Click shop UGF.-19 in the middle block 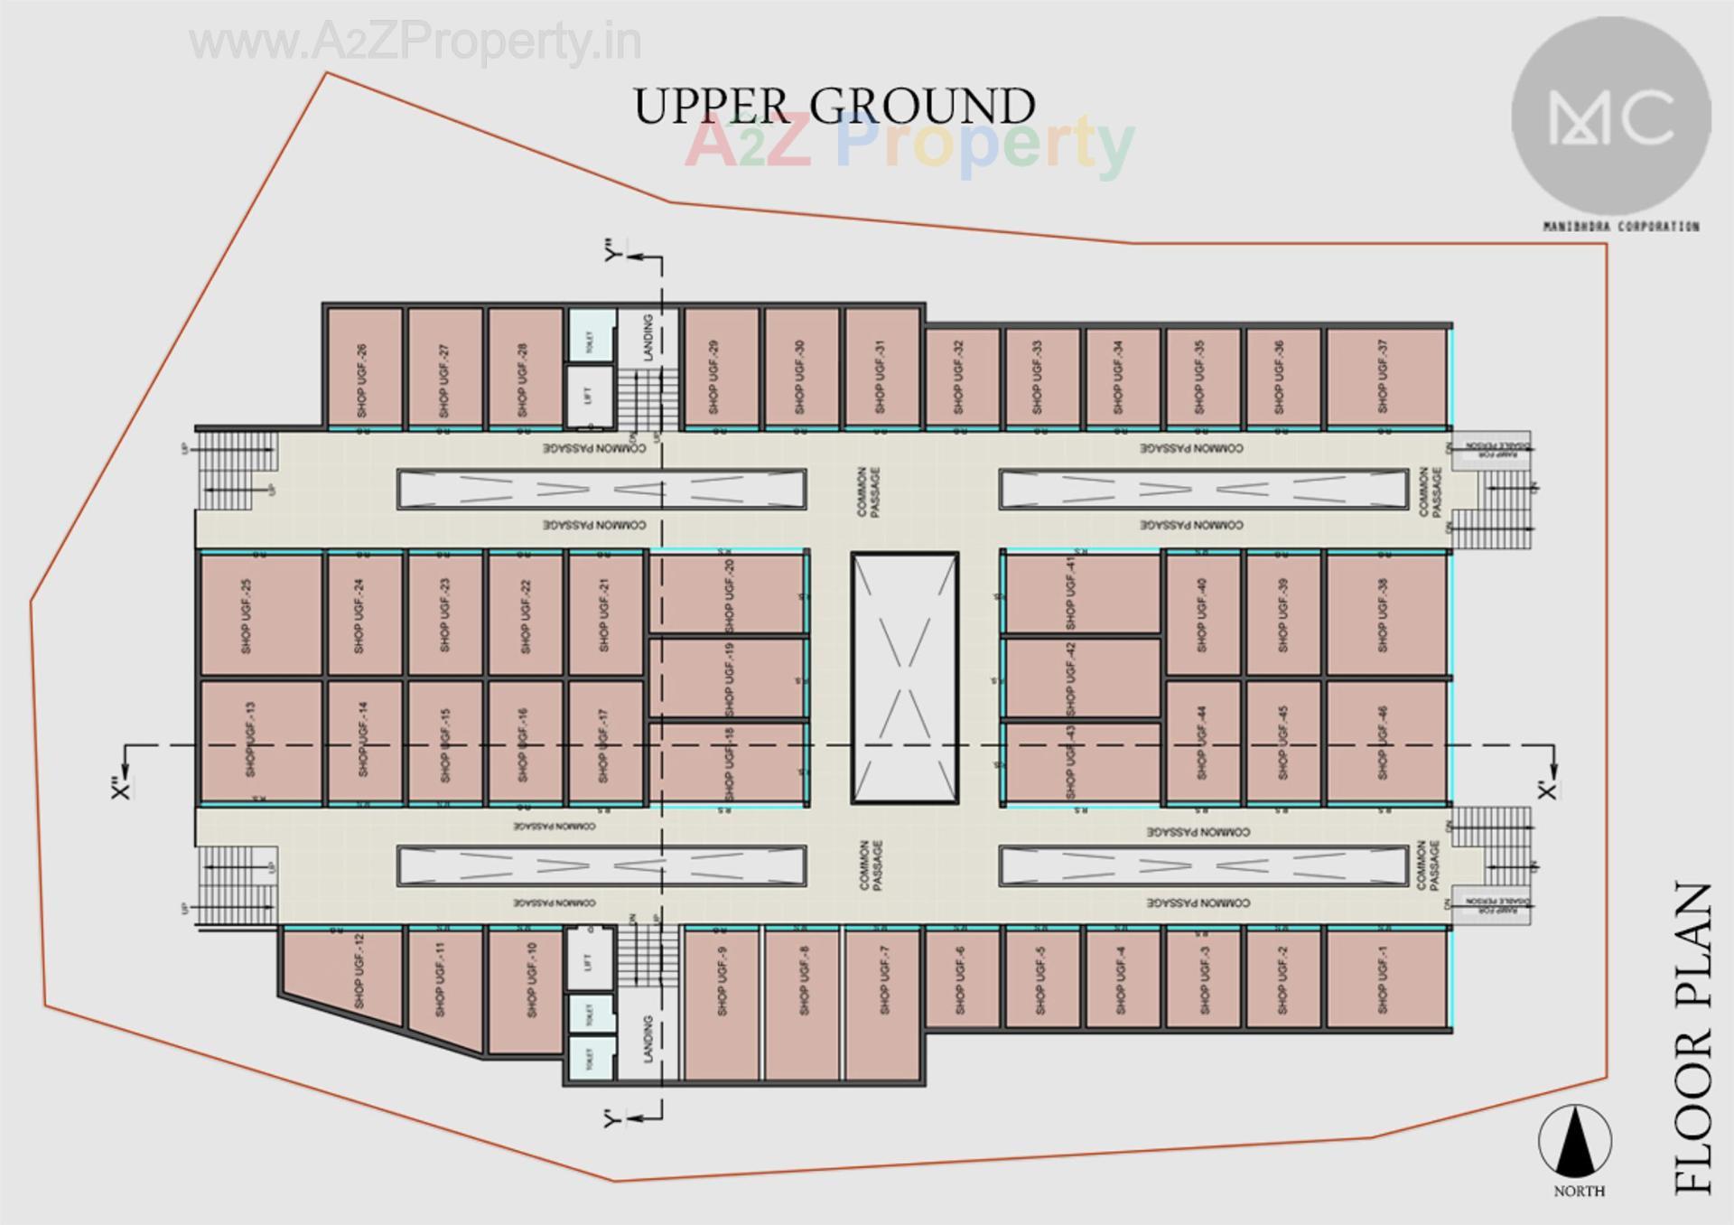[728, 678]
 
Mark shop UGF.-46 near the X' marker [1385, 741]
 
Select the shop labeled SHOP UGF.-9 [722, 1003]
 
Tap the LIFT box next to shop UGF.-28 [590, 395]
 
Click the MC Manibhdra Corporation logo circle [1611, 117]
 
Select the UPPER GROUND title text [834, 107]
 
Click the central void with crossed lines [905, 678]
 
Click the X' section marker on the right [1548, 790]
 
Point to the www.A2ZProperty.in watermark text [415, 42]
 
